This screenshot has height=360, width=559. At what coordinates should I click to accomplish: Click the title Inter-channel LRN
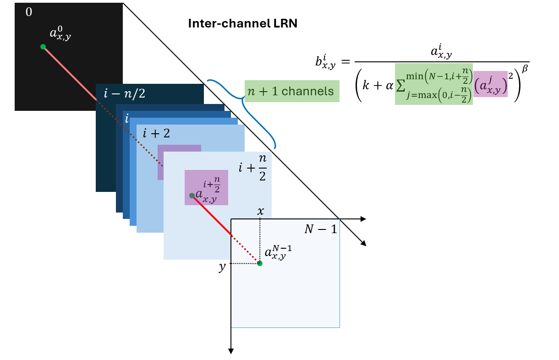point(242,23)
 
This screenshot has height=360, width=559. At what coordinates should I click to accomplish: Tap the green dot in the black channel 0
point(43,47)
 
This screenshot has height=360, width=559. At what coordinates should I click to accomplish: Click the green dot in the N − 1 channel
point(260,263)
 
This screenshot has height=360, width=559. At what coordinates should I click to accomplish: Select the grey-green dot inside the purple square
point(192,196)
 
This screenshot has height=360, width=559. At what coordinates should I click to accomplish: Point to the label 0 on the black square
point(29,12)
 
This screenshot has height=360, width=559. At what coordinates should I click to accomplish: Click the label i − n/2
point(125,93)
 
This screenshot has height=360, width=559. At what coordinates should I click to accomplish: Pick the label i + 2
point(156,133)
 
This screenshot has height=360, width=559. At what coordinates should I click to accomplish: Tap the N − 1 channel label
point(321,229)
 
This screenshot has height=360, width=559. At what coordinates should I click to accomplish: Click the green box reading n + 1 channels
point(292,91)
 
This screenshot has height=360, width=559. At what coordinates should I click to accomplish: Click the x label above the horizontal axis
point(261,211)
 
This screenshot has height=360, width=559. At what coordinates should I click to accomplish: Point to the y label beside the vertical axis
point(222,267)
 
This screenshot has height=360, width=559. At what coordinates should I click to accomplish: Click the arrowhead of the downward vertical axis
point(231,351)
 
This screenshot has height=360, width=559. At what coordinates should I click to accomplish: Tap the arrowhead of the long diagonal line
point(364,244)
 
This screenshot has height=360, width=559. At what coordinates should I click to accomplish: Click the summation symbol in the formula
point(400,86)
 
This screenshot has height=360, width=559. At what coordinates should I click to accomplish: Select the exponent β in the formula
point(525,68)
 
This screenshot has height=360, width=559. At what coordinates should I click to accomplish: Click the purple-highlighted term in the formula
point(490,84)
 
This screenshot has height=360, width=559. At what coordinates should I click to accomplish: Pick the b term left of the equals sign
point(325,62)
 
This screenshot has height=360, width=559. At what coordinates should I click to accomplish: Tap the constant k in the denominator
point(366,85)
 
